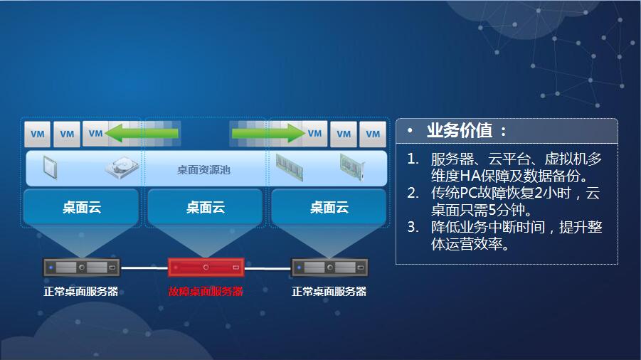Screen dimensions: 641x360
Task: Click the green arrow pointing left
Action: (x=142, y=133)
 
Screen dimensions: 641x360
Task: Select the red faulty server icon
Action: (x=206, y=268)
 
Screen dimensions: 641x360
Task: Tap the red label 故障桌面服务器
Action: (x=206, y=292)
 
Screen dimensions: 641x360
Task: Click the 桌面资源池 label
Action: (x=203, y=169)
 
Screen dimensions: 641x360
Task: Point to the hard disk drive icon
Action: (x=122, y=166)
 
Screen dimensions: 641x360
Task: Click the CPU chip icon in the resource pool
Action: (x=50, y=167)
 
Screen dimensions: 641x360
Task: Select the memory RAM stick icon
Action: (x=290, y=167)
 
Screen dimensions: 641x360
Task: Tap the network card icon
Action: (x=352, y=167)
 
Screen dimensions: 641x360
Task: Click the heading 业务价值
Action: (x=460, y=131)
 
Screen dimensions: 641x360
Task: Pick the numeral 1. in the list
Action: (x=413, y=159)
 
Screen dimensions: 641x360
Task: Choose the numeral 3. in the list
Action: (x=413, y=227)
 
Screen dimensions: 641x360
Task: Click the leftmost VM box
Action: (x=38, y=134)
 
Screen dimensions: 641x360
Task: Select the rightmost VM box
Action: (x=373, y=134)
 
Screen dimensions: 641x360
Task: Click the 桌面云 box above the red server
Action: (x=205, y=207)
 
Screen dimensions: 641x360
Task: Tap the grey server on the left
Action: (x=82, y=268)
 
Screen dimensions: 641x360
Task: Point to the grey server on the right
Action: (x=329, y=268)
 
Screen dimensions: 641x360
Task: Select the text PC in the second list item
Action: (x=469, y=193)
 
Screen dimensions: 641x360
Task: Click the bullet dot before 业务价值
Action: (x=410, y=130)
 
